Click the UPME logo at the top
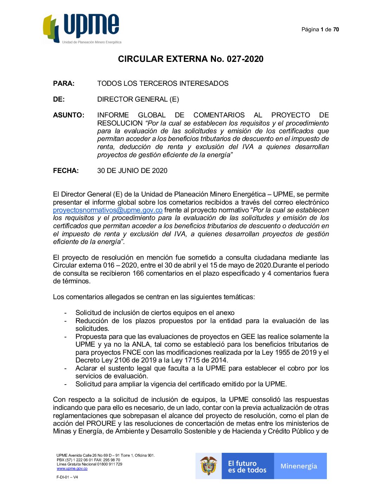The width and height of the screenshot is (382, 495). [82, 29]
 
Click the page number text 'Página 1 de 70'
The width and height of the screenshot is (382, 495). [320, 30]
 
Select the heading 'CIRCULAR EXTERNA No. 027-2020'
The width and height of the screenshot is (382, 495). [191, 59]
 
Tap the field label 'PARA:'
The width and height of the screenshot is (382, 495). [64, 84]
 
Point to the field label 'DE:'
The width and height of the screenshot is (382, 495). [59, 99]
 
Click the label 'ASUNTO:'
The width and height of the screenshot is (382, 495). [68, 115]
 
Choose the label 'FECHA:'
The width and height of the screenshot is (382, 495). [66, 171]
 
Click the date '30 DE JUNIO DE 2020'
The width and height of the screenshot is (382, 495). [132, 171]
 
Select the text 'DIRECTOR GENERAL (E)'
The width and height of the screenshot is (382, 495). [138, 99]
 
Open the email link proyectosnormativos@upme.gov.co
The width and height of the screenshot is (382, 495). [107, 210]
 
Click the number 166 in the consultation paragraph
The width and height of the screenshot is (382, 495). [138, 274]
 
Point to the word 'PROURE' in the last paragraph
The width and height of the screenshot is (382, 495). [101, 424]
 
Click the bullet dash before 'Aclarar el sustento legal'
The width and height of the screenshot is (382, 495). [65, 368]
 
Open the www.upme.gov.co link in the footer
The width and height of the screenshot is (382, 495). [72, 469]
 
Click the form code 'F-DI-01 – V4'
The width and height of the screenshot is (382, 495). [67, 477]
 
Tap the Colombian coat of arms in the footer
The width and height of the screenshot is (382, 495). [209, 466]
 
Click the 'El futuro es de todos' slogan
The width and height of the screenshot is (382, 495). [247, 467]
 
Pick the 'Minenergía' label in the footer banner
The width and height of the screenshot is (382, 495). [299, 466]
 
